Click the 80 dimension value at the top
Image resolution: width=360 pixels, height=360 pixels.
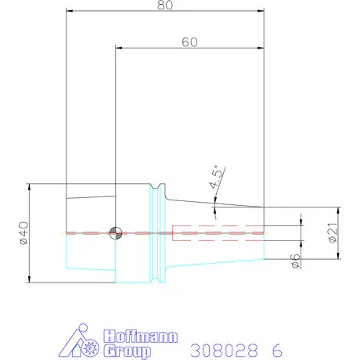[164, 5]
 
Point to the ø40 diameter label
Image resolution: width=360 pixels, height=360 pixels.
[22, 232]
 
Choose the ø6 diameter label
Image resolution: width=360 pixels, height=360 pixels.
[295, 261]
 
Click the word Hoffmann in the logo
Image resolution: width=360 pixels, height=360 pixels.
[141, 337]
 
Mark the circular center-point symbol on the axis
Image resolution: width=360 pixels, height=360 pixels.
[116, 232]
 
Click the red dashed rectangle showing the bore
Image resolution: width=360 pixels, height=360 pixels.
[218, 232]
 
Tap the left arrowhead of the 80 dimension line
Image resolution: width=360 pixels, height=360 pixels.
[69, 12]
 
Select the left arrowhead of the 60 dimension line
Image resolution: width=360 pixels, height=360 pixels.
[119, 47]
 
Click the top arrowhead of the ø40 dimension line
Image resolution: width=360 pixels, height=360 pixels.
[29, 186]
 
